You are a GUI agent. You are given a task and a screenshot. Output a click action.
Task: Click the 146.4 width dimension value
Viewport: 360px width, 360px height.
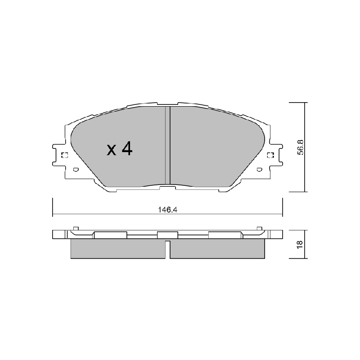pyautogui.click(x=167, y=210)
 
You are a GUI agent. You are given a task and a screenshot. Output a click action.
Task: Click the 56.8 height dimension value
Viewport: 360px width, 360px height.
pyautogui.click(x=300, y=147)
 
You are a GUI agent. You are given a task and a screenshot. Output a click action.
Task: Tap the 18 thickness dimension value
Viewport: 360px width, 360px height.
pyautogui.click(x=300, y=244)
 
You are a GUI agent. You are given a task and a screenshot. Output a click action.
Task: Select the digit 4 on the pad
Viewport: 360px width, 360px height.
pyautogui.click(x=127, y=148)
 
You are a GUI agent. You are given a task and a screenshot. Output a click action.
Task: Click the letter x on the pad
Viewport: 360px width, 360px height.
pyautogui.click(x=112, y=150)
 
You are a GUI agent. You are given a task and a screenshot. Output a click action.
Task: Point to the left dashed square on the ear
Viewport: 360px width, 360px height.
pyautogui.click(x=64, y=155)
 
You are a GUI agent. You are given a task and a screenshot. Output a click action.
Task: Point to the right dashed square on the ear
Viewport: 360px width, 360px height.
pyautogui.click(x=271, y=155)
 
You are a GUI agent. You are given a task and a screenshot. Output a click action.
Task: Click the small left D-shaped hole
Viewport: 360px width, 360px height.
pyautogui.click(x=76, y=170)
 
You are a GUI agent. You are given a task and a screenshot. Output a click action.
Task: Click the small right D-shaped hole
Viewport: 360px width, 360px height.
pyautogui.click(x=260, y=170)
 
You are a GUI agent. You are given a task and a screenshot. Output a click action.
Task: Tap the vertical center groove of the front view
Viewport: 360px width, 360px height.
pyautogui.click(x=167, y=145)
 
